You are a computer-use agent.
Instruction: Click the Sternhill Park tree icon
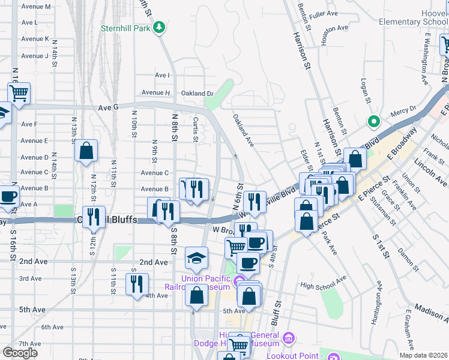click(x=159, y=27)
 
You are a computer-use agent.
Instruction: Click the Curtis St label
click(x=196, y=129)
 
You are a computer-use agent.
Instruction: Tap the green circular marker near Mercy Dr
click(x=373, y=122)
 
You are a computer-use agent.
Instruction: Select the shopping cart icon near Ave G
click(x=19, y=94)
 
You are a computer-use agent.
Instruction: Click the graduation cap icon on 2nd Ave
click(x=196, y=257)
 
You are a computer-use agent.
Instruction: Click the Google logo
click(x=20, y=353)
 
